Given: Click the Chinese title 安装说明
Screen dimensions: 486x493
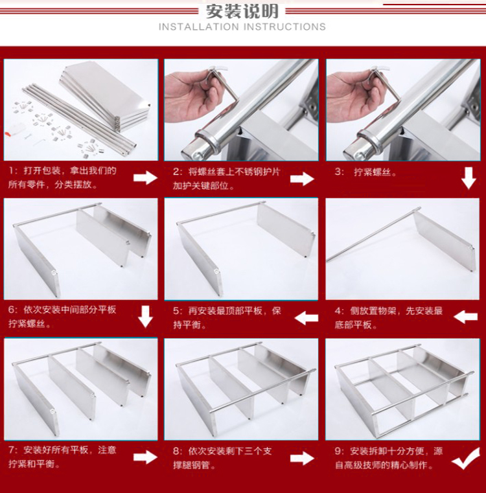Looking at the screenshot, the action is pos(242,11).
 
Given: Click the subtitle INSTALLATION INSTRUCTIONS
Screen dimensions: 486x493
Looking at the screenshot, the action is pos(242,27).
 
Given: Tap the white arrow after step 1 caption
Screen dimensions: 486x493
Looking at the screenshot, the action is pos(145,178).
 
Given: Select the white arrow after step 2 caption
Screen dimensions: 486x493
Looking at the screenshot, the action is pos(302,179).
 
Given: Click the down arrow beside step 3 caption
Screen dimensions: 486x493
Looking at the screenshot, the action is pos(469,178).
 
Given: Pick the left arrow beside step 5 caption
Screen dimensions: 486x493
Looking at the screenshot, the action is pos(306,318).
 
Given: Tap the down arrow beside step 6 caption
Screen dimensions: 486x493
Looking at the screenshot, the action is pos(145,317).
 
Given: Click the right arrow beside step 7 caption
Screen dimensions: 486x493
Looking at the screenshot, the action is pos(145,457).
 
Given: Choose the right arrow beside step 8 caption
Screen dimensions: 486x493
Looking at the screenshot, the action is pos(302,458).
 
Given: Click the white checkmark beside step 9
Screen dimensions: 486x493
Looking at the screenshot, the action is pos(466,459).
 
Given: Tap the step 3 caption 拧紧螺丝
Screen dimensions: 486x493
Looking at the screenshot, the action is pos(375,172).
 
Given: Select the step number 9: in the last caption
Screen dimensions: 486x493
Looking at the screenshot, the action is pos(340,452).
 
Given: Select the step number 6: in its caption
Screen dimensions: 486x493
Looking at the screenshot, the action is pos(12,310).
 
